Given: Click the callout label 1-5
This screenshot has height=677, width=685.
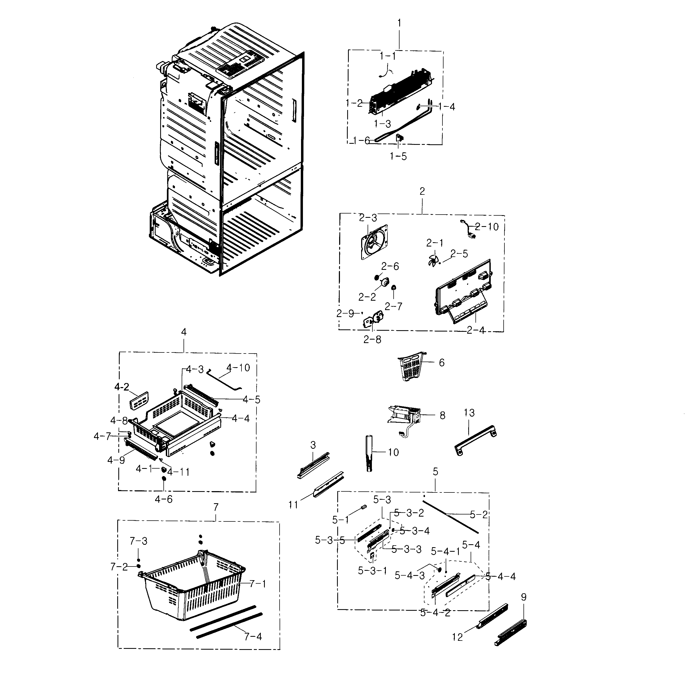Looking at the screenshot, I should coord(398,156).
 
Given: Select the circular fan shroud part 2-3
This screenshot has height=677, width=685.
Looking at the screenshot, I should coord(374,242).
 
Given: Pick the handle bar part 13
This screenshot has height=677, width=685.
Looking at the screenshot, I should coord(475,440).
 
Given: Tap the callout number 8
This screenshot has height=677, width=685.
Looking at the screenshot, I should coord(442,415).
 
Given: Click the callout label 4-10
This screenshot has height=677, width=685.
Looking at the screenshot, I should coord(238,368).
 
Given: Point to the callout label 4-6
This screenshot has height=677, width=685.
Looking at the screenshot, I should coord(163,499).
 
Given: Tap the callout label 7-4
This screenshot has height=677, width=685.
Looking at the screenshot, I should coord(253,636).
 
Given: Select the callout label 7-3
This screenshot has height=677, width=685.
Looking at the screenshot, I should coord(138,541).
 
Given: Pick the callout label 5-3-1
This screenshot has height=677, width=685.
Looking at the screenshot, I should coord(372,571).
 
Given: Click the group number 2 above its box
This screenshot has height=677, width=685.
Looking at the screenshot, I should coord(422,192).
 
